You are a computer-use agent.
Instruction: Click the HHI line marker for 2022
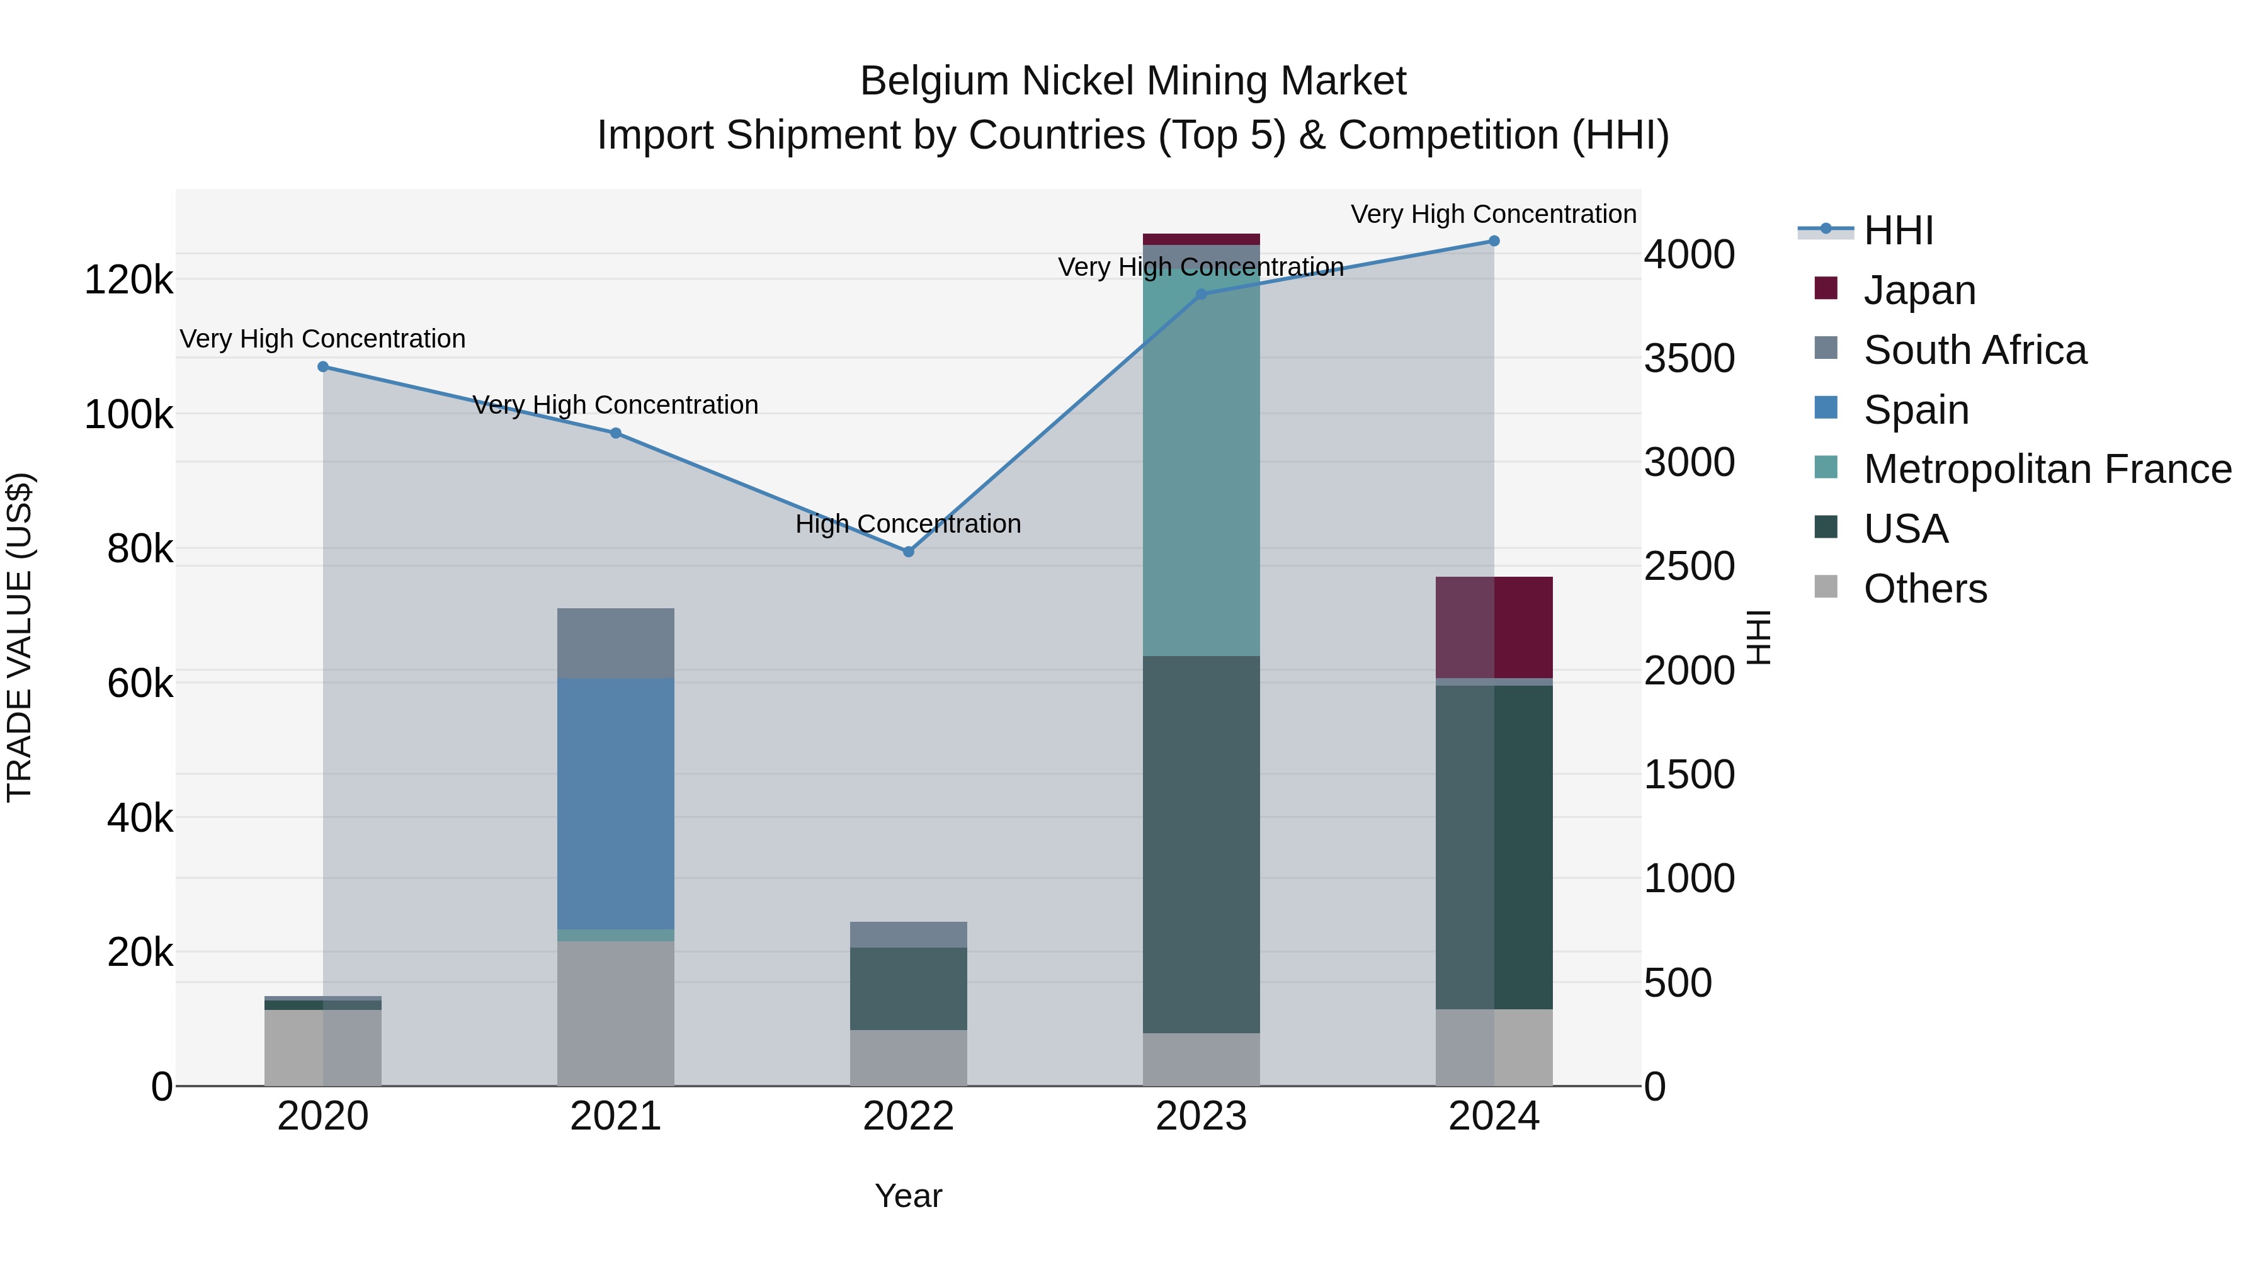pos(908,552)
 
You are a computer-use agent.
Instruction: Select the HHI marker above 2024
pos(1494,241)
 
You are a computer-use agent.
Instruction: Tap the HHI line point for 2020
pos(323,367)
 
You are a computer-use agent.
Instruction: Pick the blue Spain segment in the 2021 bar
pos(615,803)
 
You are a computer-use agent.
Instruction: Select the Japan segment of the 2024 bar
pos(1494,627)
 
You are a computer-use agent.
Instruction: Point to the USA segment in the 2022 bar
pos(908,988)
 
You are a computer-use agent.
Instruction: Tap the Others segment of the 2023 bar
pos(1202,1060)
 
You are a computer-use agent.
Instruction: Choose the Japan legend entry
pos(1919,290)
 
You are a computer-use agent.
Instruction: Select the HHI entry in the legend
pos(1898,230)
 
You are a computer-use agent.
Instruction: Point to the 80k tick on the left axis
pos(140,549)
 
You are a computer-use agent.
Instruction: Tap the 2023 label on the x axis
pos(1202,1116)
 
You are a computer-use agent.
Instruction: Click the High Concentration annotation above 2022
pos(908,524)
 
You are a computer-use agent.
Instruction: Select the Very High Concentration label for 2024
pos(1494,214)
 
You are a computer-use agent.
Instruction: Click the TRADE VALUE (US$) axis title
pos(20,637)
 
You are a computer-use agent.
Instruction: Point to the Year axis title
pos(908,1196)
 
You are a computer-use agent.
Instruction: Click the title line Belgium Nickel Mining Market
pos(1133,81)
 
